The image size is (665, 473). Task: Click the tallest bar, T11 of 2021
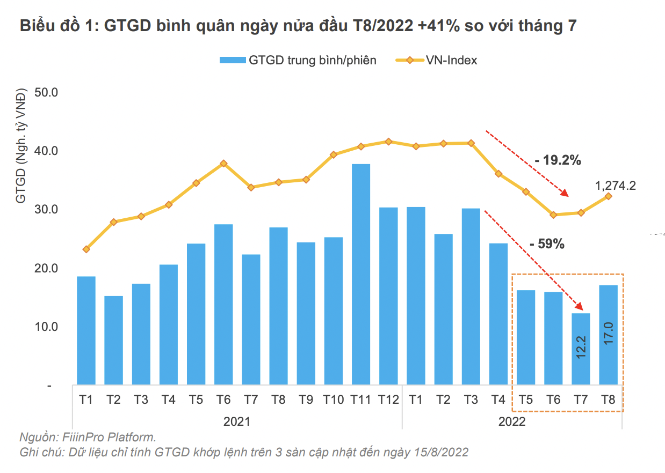[361, 274]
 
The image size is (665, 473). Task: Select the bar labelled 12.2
[581, 349]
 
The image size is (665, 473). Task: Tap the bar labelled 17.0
[608, 335]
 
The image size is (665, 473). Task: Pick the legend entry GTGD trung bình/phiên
[312, 60]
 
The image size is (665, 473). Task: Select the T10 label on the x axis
[333, 400]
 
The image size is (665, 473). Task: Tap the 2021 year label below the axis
[237, 422]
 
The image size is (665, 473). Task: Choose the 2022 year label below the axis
[512, 422]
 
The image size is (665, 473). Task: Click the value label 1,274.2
[616, 186]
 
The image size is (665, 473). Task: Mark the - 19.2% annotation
[558, 160]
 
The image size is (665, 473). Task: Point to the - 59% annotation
[547, 244]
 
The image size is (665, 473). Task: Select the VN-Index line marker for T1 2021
[86, 249]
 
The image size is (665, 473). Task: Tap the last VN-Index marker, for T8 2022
[608, 196]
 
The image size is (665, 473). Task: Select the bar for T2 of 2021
[114, 340]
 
